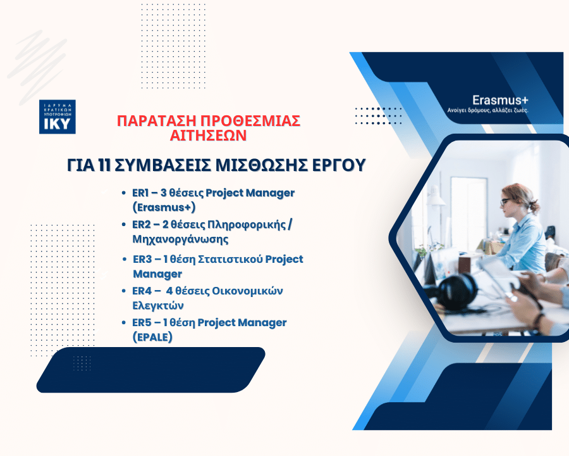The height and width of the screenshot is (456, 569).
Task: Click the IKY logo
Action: point(58,117)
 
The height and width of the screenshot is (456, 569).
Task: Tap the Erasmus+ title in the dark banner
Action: point(500,100)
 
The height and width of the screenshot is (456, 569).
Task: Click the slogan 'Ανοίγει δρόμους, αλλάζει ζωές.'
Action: point(487,110)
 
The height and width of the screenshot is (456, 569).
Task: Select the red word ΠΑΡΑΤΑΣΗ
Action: point(157,121)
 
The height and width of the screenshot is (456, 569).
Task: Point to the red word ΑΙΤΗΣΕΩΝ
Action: point(209,136)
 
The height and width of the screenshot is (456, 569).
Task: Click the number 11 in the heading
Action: point(104,165)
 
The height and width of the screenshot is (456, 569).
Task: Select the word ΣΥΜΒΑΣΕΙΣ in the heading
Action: point(163,165)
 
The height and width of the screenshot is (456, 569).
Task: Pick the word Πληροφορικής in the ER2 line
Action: point(247,225)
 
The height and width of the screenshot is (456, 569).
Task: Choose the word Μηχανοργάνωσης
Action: point(180,239)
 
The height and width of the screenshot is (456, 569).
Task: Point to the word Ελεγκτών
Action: point(158,305)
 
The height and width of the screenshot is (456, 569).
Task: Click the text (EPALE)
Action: point(152,337)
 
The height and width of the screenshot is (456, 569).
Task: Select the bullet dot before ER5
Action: point(124,323)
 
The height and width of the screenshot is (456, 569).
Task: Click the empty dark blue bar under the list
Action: point(150,370)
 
